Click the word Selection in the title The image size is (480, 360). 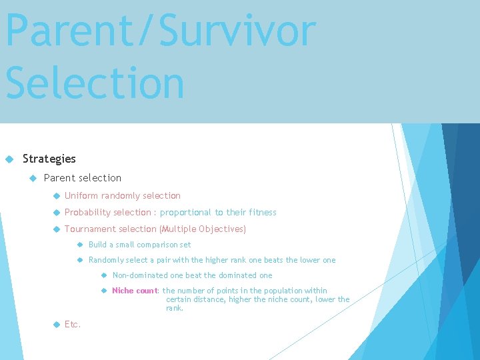coord(95,83)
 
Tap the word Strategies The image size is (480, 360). coord(49,159)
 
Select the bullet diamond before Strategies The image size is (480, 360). coord(9,159)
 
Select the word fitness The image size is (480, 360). coord(261,212)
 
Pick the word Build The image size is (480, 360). coord(97,245)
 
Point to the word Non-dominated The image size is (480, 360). coord(140,275)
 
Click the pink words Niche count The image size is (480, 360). coord(134,290)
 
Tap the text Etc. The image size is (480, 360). coord(72,324)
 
